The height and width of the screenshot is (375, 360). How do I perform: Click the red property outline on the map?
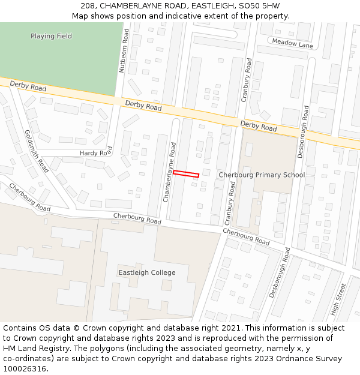pyautogui.click(x=186, y=174)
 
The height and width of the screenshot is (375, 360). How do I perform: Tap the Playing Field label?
pyautogui.click(x=51, y=36)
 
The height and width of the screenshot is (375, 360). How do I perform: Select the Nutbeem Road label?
pyautogui.click(x=124, y=52)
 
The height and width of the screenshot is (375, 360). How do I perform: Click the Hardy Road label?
pyautogui.click(x=96, y=153)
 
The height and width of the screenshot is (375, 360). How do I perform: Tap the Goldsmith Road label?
pyautogui.click(x=37, y=151)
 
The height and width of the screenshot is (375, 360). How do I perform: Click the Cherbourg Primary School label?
pyautogui.click(x=262, y=175)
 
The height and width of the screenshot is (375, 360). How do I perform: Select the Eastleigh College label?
pyautogui.click(x=147, y=272)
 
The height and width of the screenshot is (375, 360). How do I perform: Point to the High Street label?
pyautogui.click(x=340, y=299)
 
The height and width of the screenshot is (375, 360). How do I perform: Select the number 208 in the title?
pyautogui.click(x=88, y=5)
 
